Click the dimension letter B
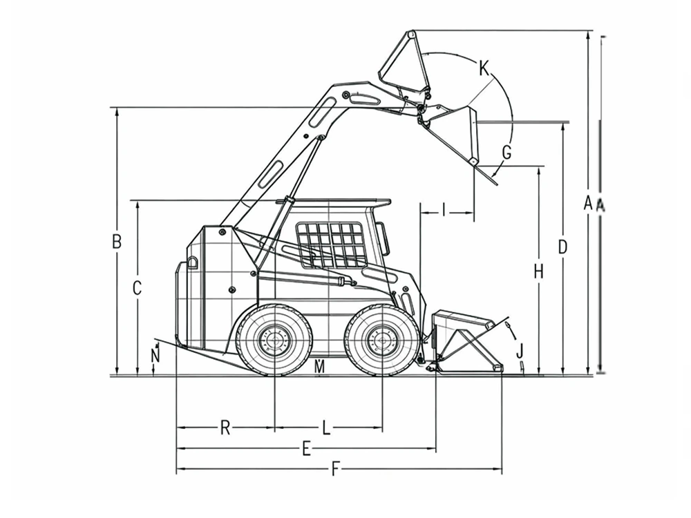pyautogui.click(x=117, y=242)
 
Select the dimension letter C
pyautogui.click(x=137, y=288)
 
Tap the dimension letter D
pyautogui.click(x=562, y=247)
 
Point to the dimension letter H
pyautogui.click(x=538, y=271)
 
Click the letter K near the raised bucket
pyautogui.click(x=484, y=68)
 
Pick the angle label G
pyautogui.click(x=507, y=153)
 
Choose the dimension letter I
pyautogui.click(x=444, y=211)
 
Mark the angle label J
pyautogui.click(x=520, y=351)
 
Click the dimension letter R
pyautogui.click(x=225, y=428)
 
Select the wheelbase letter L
pyautogui.click(x=325, y=428)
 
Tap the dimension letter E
pyautogui.click(x=307, y=450)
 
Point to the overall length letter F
pyautogui.click(x=335, y=470)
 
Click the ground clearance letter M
pyautogui.click(x=320, y=367)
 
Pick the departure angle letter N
pyautogui.click(x=155, y=356)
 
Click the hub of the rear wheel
pyautogui.click(x=274, y=340)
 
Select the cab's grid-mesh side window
pyautogui.click(x=332, y=245)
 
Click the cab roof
pyautogui.click(x=334, y=202)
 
